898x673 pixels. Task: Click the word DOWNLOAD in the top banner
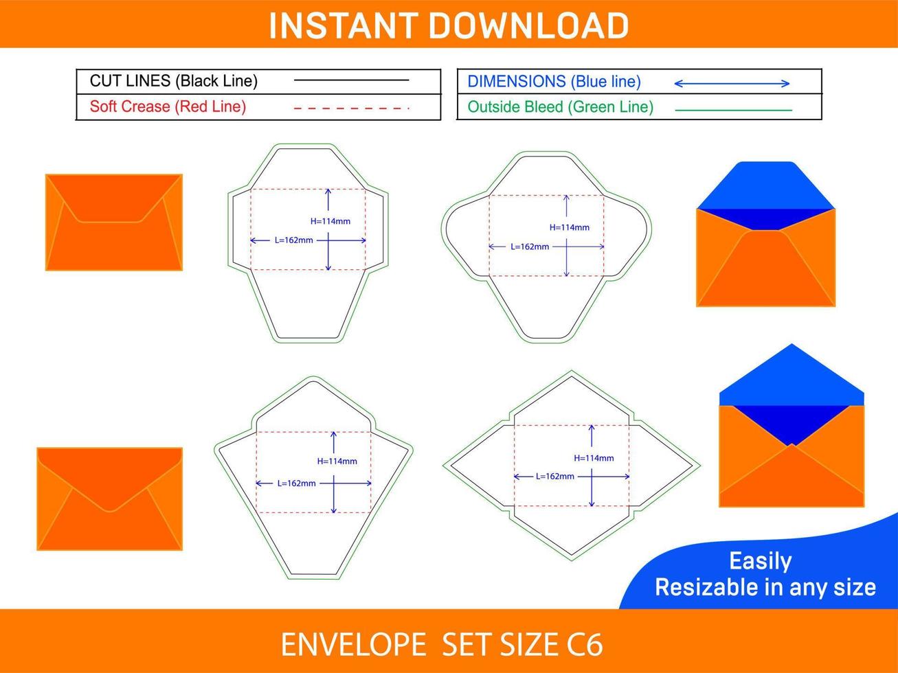pos(528,25)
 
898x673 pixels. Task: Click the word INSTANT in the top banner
pos(342,25)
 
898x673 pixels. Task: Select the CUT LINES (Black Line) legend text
pos(174,81)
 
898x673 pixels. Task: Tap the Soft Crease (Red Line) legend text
pos(168,106)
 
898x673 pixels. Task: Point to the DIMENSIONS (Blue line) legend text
pos(554,82)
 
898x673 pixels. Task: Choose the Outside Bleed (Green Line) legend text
pos(560,107)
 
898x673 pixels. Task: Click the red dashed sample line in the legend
pos(351,108)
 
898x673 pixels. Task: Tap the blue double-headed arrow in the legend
pos(732,84)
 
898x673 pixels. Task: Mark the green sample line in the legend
pos(733,110)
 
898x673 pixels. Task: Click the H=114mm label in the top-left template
pos(330,221)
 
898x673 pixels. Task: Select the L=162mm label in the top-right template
pos(530,247)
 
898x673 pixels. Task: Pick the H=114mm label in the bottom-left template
pos(337,461)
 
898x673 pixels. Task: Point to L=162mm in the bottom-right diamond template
pos(554,476)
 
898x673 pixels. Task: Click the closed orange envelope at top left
pos(114,222)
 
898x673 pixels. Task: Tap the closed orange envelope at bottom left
pos(109,499)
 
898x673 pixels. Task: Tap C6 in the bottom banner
pos(585,645)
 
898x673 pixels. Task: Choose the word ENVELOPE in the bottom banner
pos(353,645)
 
